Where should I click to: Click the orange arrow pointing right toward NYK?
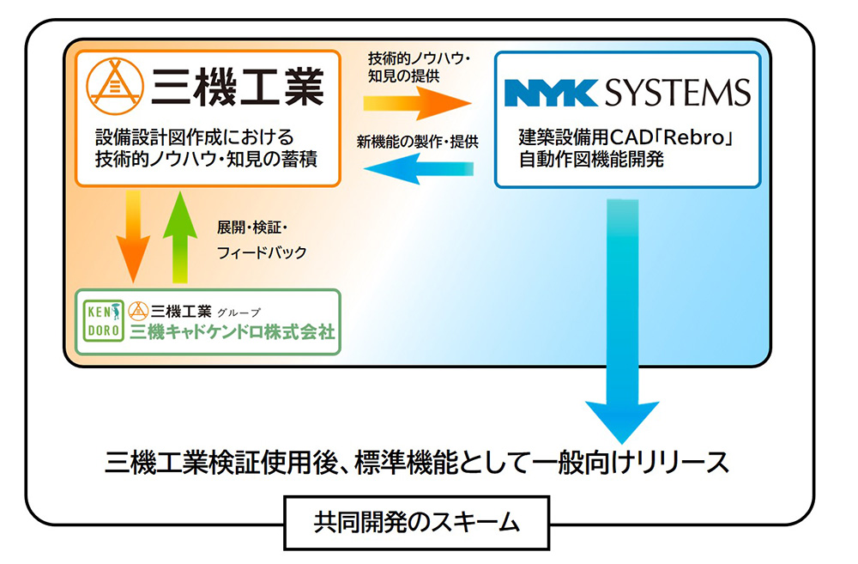[417, 103]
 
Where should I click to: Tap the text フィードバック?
[263, 253]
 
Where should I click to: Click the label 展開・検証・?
[256, 228]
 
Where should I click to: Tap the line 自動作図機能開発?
[591, 159]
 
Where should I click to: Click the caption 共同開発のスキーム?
[414, 520]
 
